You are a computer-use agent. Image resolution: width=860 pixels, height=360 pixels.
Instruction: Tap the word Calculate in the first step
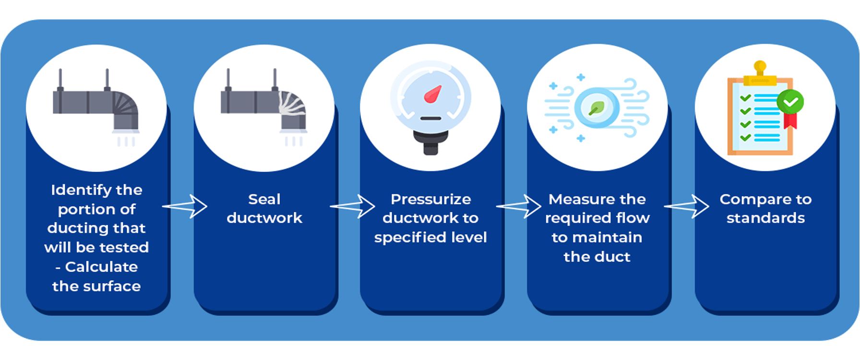tap(101, 267)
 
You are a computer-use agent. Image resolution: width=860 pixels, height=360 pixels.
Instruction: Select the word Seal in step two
tap(264, 199)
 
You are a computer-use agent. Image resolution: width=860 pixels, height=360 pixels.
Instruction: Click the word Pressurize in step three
tap(430, 199)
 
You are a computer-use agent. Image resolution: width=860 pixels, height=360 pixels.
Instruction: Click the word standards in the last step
tap(765, 218)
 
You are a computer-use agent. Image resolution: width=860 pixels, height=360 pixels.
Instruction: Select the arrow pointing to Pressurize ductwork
tap(353, 206)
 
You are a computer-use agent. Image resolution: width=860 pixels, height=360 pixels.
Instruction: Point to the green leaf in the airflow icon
tap(597, 108)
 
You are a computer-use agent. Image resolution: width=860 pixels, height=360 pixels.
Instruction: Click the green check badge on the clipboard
tap(790, 101)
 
